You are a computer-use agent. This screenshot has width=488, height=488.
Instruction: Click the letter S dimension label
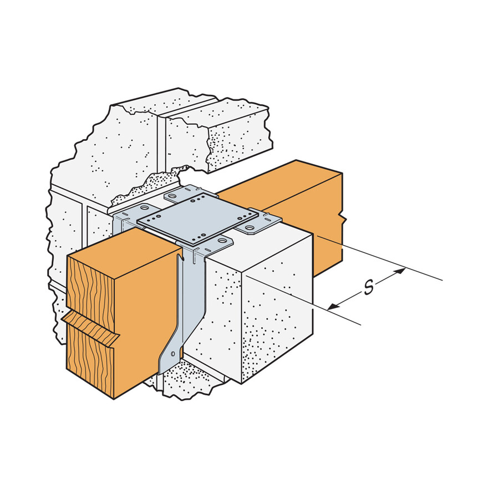(x=367, y=288)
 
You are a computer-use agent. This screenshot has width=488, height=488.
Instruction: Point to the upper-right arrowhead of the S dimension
(x=400, y=272)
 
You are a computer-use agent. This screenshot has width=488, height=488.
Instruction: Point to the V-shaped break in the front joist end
(x=91, y=327)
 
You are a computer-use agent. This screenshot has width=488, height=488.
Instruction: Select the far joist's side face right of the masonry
(x=327, y=222)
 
